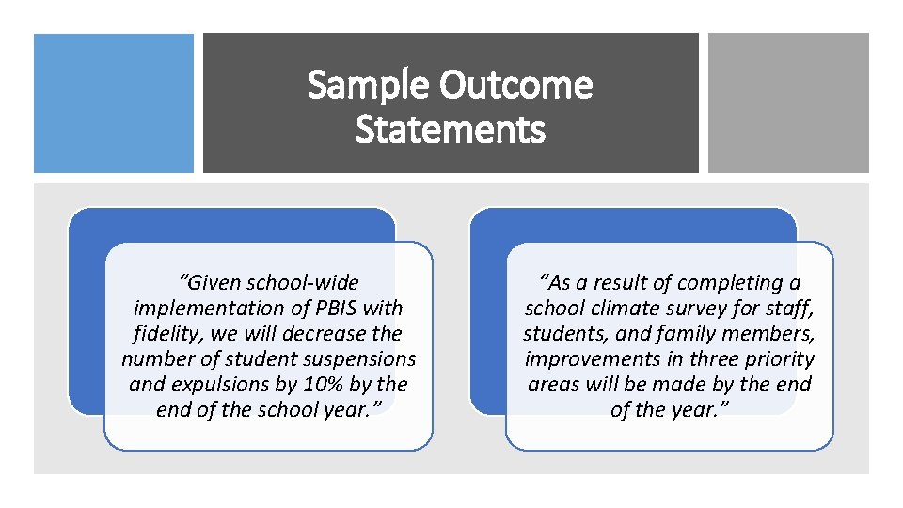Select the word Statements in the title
451,129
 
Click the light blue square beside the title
114,103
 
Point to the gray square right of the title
788,103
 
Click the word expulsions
215,384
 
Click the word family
693,333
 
